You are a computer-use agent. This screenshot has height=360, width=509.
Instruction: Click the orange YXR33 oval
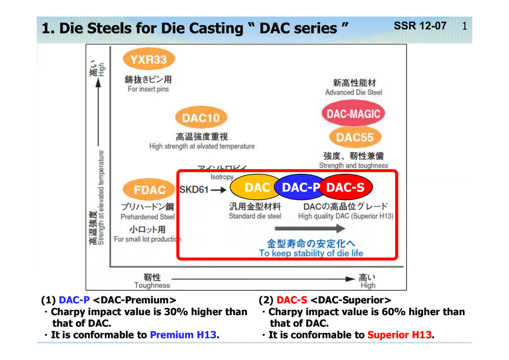(149, 60)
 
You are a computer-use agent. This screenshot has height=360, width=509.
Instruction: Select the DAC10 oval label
(201, 118)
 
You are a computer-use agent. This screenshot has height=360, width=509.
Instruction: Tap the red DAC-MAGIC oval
(353, 114)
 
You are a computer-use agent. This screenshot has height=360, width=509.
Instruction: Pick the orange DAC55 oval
(355, 138)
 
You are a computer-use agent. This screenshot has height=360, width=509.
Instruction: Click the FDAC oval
(149, 190)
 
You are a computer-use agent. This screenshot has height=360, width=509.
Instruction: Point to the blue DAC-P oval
(300, 187)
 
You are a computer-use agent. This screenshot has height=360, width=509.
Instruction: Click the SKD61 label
(194, 190)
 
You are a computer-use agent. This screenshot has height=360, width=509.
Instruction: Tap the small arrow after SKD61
(219, 190)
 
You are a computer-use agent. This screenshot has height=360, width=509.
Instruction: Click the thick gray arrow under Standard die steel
(310, 228)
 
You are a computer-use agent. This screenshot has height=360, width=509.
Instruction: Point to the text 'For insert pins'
(148, 89)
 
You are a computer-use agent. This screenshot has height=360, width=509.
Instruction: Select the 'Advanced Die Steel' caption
(353, 92)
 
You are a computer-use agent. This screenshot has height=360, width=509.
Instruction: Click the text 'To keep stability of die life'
(311, 253)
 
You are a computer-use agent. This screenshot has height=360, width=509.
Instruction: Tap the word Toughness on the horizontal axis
(152, 285)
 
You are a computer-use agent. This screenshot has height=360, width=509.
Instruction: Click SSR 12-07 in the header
(420, 26)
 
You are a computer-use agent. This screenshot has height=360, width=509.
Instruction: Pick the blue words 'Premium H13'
(183, 335)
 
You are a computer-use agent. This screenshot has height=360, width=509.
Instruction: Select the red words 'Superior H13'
(399, 335)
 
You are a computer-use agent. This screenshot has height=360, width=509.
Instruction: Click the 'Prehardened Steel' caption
(148, 217)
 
